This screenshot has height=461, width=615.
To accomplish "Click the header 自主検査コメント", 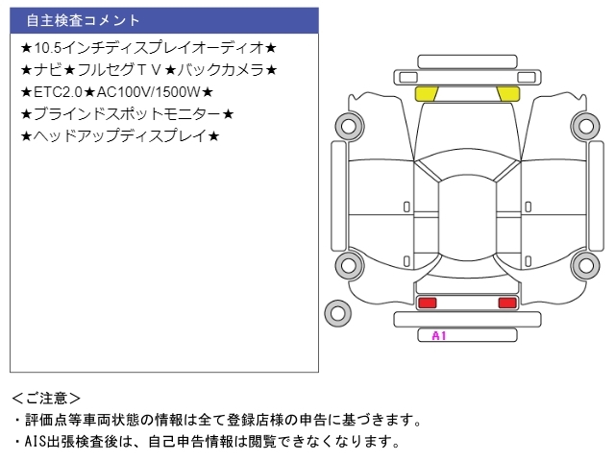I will coord(83,20).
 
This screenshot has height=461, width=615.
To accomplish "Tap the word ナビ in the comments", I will coord(46,69).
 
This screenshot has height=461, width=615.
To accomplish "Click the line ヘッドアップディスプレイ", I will coord(119,136).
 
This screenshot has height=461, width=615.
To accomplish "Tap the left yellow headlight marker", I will coord(427,93).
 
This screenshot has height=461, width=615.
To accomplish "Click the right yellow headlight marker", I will coord(506,93).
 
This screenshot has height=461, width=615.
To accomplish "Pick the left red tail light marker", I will coord(427,303).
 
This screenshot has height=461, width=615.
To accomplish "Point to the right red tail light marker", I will coord(506,303).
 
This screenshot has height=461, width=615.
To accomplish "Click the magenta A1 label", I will coord(439,336).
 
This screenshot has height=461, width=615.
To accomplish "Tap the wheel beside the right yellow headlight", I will coord(583,125).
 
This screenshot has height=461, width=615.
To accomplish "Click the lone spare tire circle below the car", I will coord(338,312).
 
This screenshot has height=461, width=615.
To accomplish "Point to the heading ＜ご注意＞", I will coord(46,398).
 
